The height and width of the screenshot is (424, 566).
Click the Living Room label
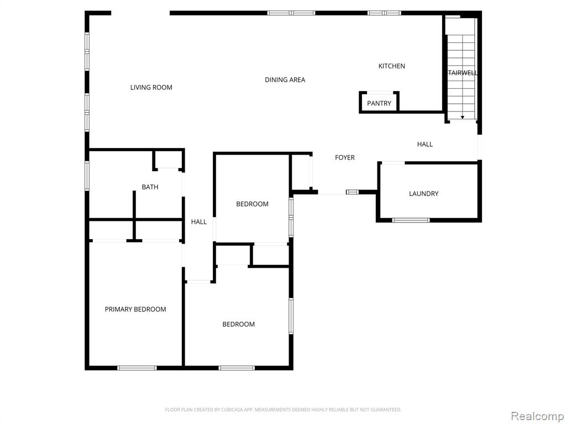pos(151,87)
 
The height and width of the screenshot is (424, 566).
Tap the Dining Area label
pos(285,79)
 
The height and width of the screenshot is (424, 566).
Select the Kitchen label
pos(392,66)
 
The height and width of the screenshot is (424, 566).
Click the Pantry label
pos(379,103)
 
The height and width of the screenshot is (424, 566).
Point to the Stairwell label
pos(463,73)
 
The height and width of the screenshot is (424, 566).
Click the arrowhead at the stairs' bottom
pos(463,117)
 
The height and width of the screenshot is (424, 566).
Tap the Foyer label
pos(345,157)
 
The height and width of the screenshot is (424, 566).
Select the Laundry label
pos(424,194)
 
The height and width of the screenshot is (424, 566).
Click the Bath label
pos(150,187)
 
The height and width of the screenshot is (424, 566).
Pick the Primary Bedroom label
pos(135,309)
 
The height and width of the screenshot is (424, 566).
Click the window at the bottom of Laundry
pos(411,220)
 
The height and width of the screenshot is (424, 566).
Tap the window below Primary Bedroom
pos(137,368)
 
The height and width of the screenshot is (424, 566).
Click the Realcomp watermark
pos(537,416)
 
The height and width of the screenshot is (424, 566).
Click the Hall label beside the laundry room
pos(425,144)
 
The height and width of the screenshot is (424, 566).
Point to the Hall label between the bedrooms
pos(199,222)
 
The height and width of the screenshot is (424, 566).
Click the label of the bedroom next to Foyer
pos(252,204)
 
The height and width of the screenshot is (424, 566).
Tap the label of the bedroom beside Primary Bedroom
pos(239,324)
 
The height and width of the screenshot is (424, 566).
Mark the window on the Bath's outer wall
pos(87,176)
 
